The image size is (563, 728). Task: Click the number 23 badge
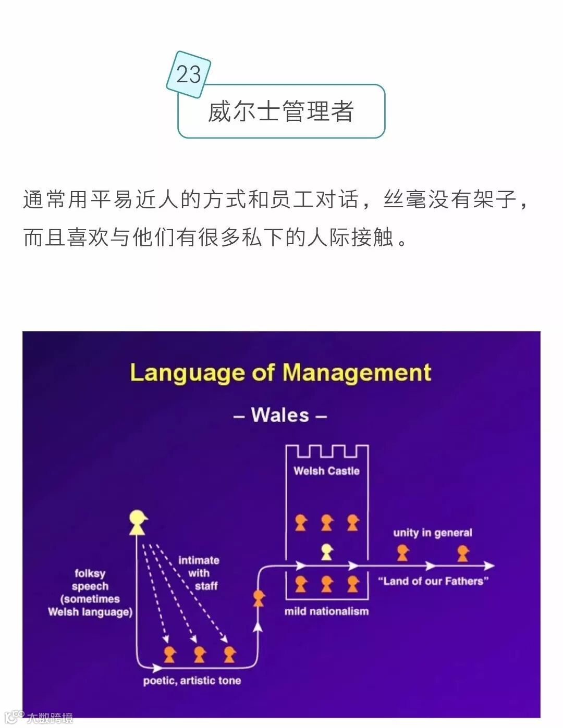pyautogui.click(x=188, y=74)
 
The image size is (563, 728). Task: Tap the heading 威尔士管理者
pyautogui.click(x=281, y=111)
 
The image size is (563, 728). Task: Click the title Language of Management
pyautogui.click(x=280, y=373)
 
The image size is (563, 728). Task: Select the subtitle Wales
pyautogui.click(x=280, y=415)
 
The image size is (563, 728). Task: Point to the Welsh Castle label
pyautogui.click(x=326, y=471)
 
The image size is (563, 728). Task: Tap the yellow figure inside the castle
pyautogui.click(x=327, y=551)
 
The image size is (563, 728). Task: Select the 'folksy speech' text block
pyautogui.click(x=90, y=593)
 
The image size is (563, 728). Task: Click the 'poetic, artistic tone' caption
pyautogui.click(x=192, y=681)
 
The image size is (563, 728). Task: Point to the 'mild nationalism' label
pyautogui.click(x=326, y=611)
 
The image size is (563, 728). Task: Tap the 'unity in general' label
pyautogui.click(x=433, y=533)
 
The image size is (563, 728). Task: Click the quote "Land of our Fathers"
pyautogui.click(x=433, y=581)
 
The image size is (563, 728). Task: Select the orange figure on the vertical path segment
pyautogui.click(x=259, y=598)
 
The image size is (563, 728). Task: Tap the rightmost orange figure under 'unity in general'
pyautogui.click(x=463, y=553)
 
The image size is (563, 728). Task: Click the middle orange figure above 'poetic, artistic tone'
pyautogui.click(x=200, y=654)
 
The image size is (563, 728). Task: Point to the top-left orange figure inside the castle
pyautogui.click(x=301, y=522)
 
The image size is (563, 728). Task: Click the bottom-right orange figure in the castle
pyautogui.click(x=353, y=584)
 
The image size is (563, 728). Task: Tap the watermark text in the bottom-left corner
pyautogui.click(x=50, y=718)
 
